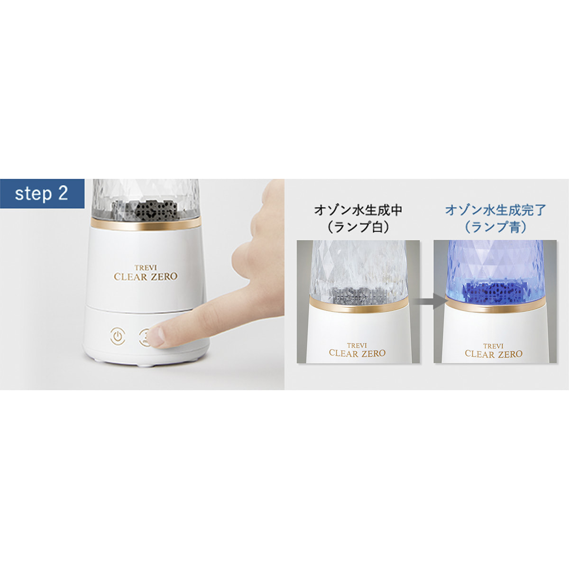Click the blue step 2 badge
(x=42, y=194)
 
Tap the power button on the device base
(x=118, y=336)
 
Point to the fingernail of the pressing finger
(x=157, y=337)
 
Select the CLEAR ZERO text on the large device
(x=146, y=276)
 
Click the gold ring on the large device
(x=146, y=224)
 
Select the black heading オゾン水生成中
(x=358, y=211)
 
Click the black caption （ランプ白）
(x=358, y=228)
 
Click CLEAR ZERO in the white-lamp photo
(x=358, y=353)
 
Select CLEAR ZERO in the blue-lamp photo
(x=494, y=354)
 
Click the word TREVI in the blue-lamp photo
(x=493, y=346)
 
